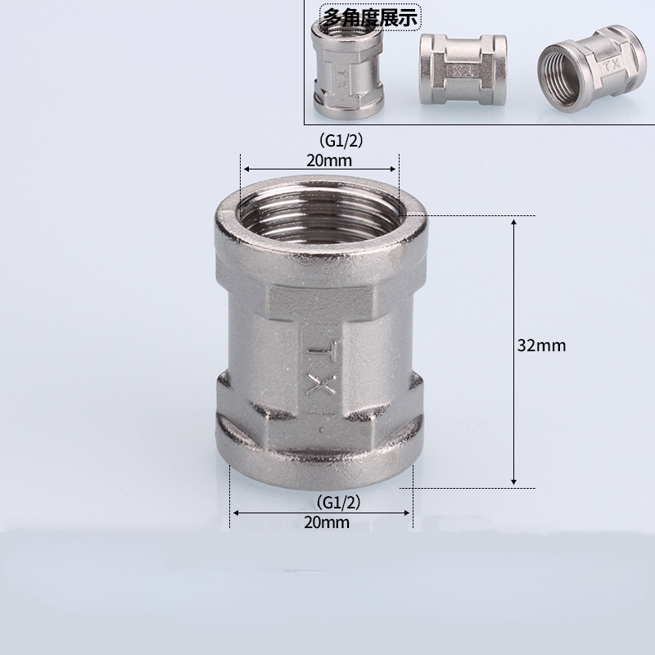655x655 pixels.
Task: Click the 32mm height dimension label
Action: (x=541, y=346)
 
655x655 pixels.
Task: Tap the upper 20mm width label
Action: (x=329, y=160)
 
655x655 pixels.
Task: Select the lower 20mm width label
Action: (x=326, y=522)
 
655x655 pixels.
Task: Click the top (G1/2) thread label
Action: (x=341, y=141)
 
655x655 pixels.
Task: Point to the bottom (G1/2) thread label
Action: (x=338, y=503)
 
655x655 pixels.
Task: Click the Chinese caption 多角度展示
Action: (x=371, y=17)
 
